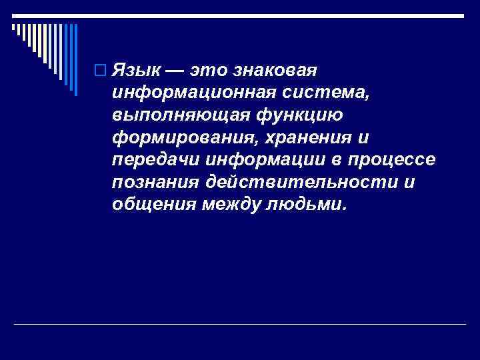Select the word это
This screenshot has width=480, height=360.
click(x=210, y=70)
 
